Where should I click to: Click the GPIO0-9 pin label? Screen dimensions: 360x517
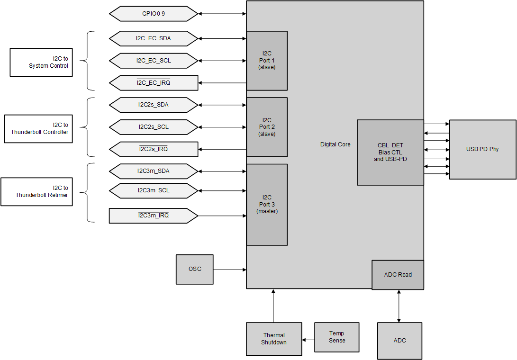click(153, 14)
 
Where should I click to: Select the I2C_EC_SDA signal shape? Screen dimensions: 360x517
click(153, 38)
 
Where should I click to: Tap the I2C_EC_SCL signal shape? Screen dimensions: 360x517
click(153, 61)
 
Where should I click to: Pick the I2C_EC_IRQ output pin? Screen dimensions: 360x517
click(153, 83)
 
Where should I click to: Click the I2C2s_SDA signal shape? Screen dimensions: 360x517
click(153, 105)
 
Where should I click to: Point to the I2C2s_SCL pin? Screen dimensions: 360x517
click(153, 127)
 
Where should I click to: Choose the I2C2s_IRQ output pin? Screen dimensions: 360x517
click(153, 149)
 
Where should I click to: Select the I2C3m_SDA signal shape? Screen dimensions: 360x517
click(153, 171)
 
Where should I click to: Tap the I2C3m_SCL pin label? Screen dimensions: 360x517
click(153, 190)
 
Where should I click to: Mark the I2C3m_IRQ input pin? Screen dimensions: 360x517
click(153, 216)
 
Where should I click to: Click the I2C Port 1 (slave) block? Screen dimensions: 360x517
click(267, 61)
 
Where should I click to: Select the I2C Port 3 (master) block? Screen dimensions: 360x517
click(267, 205)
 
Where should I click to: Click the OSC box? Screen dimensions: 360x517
click(195, 269)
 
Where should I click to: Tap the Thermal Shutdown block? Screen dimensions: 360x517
click(274, 339)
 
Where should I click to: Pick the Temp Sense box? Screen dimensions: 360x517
click(337, 337)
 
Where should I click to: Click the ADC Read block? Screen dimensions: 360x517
click(398, 275)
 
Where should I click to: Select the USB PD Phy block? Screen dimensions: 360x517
click(482, 149)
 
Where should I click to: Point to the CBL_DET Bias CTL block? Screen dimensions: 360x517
click(390, 152)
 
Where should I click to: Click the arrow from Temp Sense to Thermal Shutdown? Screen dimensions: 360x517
click(308, 340)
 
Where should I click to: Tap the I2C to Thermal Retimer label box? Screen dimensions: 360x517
click(36, 191)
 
